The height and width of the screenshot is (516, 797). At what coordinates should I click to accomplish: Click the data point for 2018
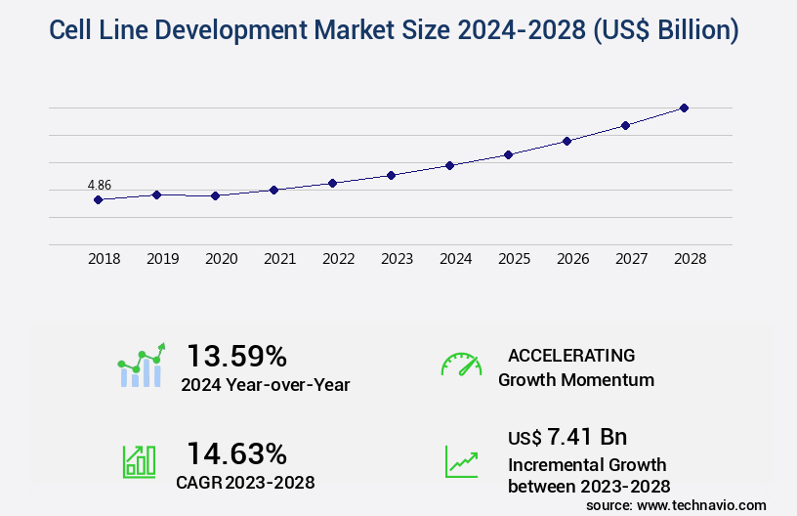click(x=98, y=199)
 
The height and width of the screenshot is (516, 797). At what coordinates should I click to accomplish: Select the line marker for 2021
click(x=274, y=190)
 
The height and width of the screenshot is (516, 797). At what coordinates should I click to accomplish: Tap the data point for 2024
click(x=449, y=165)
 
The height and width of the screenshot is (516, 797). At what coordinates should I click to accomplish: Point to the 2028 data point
click(x=684, y=107)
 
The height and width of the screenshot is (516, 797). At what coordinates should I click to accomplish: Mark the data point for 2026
click(x=566, y=141)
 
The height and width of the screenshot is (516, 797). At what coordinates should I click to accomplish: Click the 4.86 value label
click(x=100, y=185)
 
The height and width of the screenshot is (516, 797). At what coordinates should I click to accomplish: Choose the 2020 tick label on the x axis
click(x=222, y=259)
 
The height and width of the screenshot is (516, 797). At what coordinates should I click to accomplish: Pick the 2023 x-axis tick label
click(x=397, y=259)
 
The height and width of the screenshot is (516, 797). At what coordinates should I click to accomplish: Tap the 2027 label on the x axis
click(x=632, y=259)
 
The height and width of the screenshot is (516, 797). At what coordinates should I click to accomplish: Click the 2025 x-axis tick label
click(x=515, y=259)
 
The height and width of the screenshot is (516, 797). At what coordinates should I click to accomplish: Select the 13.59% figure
click(x=236, y=355)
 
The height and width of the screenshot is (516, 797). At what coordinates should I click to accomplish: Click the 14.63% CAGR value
click(x=236, y=453)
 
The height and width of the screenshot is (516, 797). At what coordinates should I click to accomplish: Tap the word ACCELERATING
click(x=571, y=355)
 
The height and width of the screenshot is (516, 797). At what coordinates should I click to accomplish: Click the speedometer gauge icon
click(x=461, y=365)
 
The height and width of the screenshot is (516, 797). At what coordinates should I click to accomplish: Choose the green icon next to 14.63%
click(x=139, y=462)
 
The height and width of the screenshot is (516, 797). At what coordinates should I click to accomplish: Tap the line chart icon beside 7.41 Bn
click(x=461, y=462)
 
